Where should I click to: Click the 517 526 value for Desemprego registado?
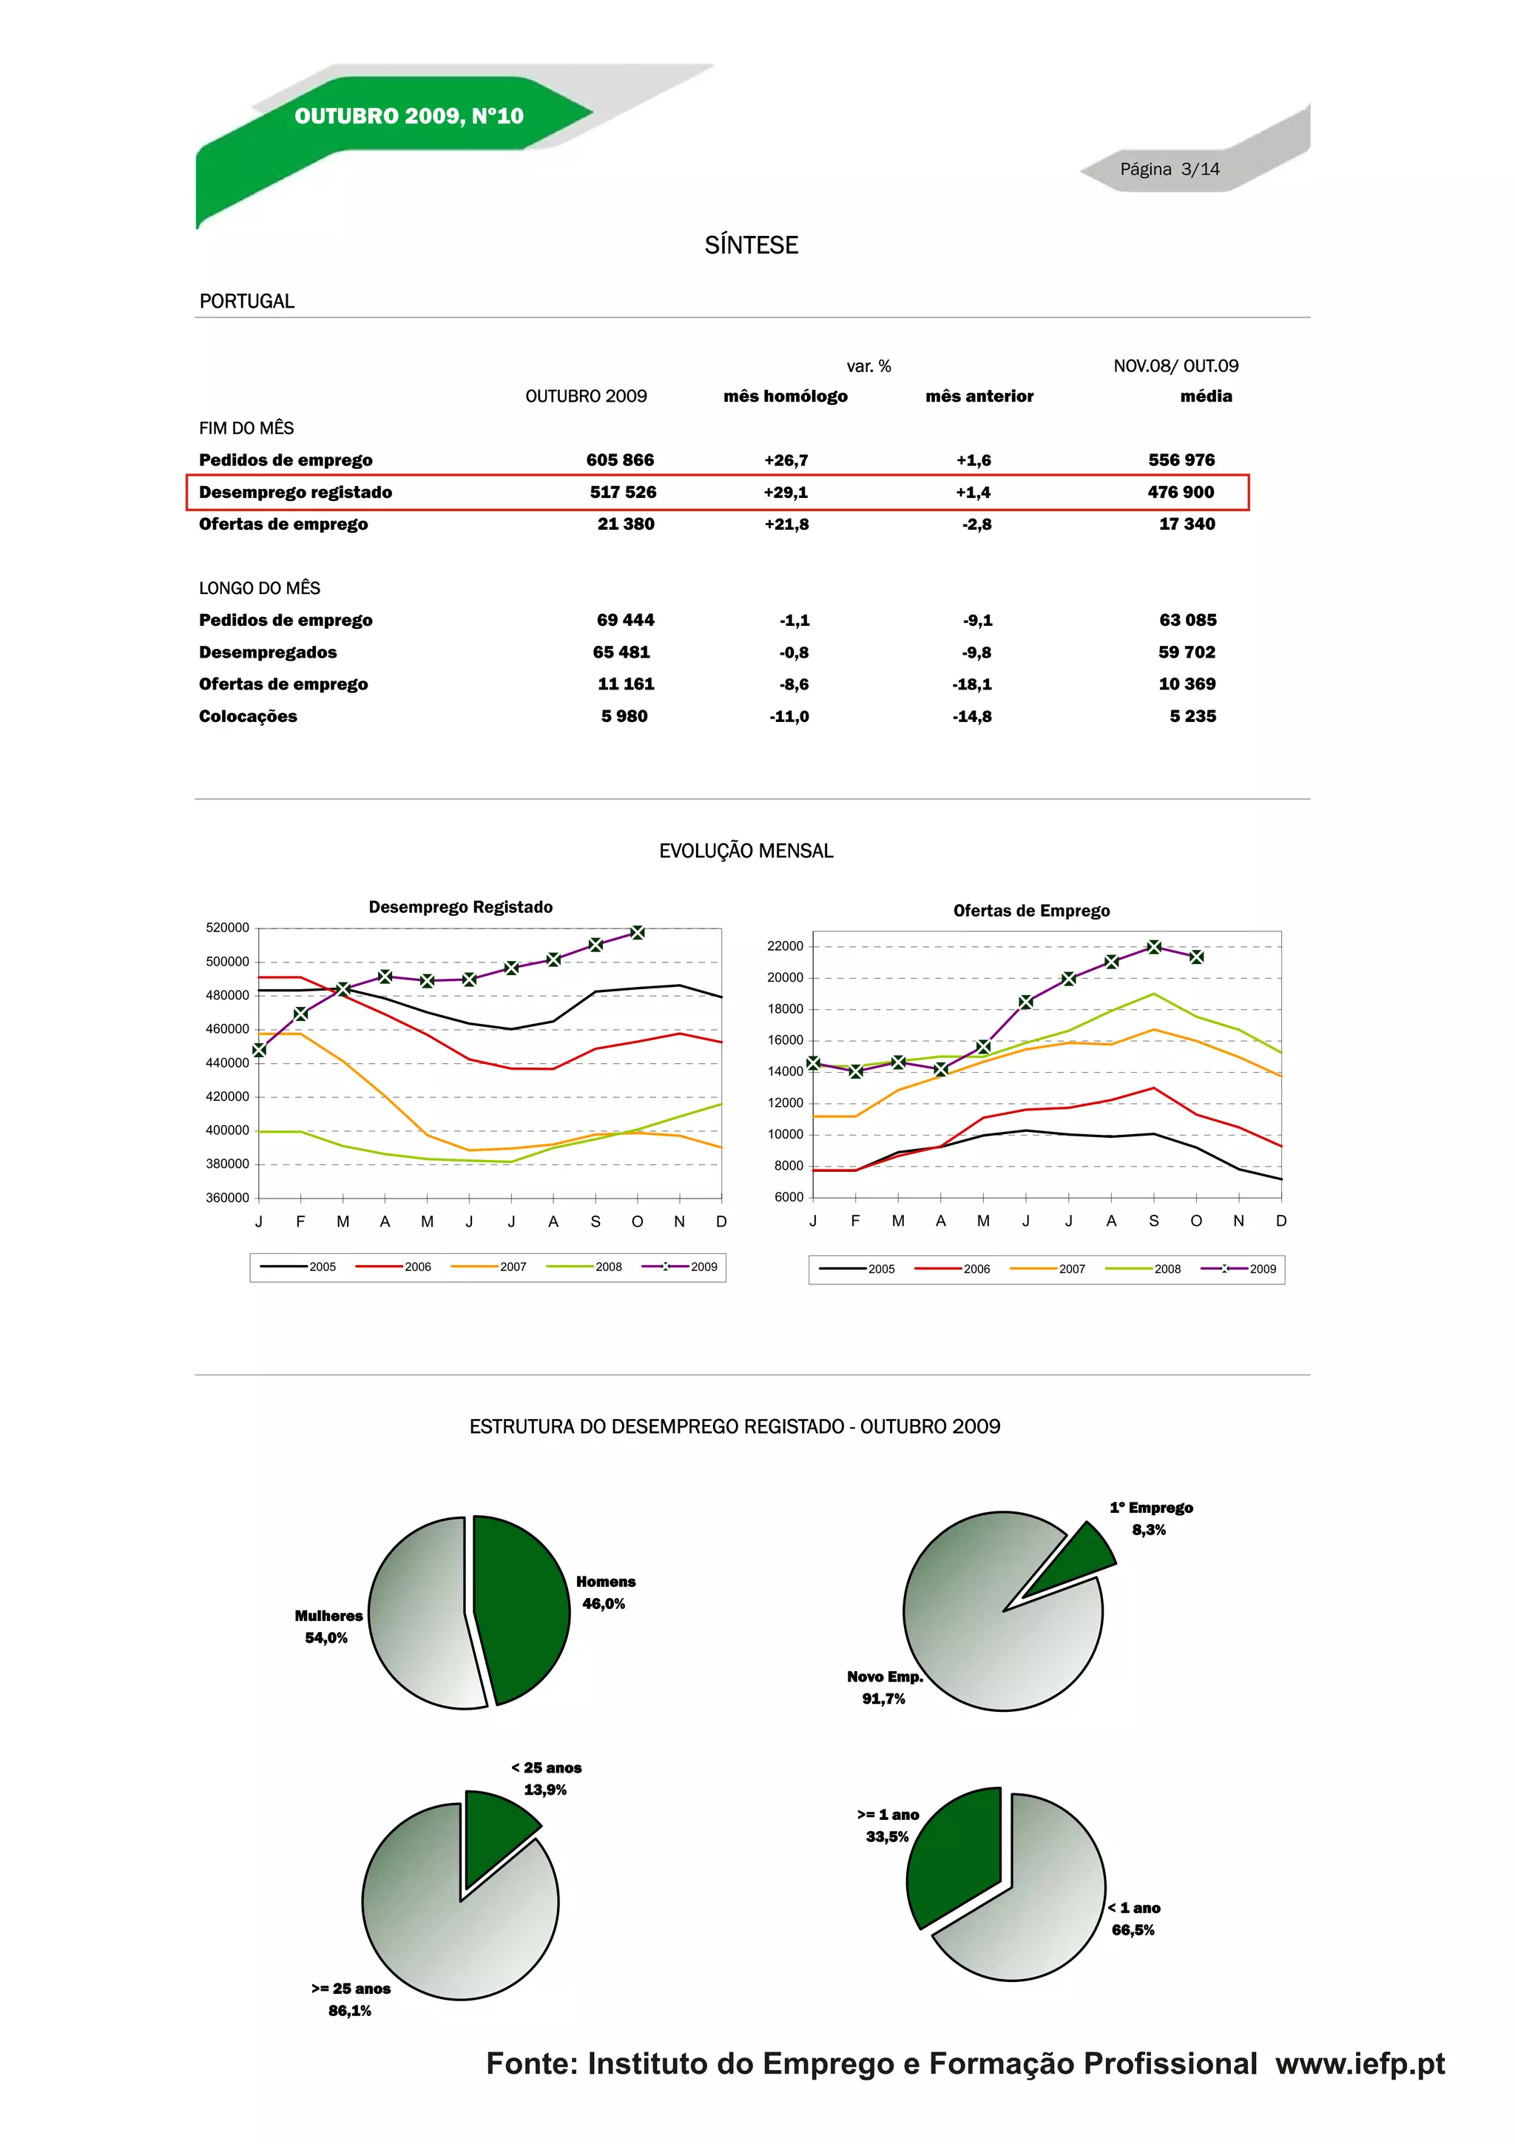[623, 492]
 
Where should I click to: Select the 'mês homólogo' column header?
[785, 396]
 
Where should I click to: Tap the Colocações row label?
[247, 716]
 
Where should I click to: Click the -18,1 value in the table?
[972, 684]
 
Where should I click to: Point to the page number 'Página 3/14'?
[1170, 169]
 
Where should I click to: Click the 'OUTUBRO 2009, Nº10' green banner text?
[409, 116]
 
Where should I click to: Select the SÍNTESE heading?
[752, 245]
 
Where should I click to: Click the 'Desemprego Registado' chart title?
[460, 907]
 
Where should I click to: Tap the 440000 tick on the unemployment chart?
[227, 1062]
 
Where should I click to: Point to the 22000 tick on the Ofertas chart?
[785, 946]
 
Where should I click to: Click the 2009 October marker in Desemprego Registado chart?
[638, 932]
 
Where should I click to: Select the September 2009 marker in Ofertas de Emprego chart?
[1154, 947]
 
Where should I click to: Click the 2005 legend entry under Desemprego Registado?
[298, 1267]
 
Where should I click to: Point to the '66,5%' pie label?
[1133, 1930]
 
